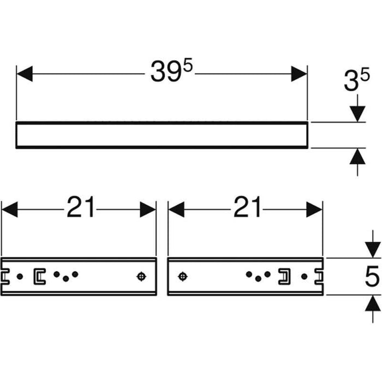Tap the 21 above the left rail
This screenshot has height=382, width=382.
point(81,208)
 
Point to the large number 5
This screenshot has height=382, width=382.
point(372,277)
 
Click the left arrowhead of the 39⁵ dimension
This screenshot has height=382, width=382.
point(25,74)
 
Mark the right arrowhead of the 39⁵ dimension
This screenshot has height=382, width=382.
point(299,74)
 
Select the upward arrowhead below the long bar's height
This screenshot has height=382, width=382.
point(357,157)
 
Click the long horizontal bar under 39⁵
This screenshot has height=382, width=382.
point(162,135)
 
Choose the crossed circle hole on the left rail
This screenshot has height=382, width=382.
point(141,277)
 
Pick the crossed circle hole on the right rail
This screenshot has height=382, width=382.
point(182,277)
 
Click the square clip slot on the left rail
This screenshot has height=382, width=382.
point(39,277)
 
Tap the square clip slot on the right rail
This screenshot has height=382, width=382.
point(284,277)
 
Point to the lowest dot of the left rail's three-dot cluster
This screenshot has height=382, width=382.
point(65,279)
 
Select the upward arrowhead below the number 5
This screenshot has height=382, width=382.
point(372,303)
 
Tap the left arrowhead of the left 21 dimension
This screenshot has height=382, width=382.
point(9,208)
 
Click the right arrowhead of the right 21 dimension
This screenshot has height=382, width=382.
point(315,208)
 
